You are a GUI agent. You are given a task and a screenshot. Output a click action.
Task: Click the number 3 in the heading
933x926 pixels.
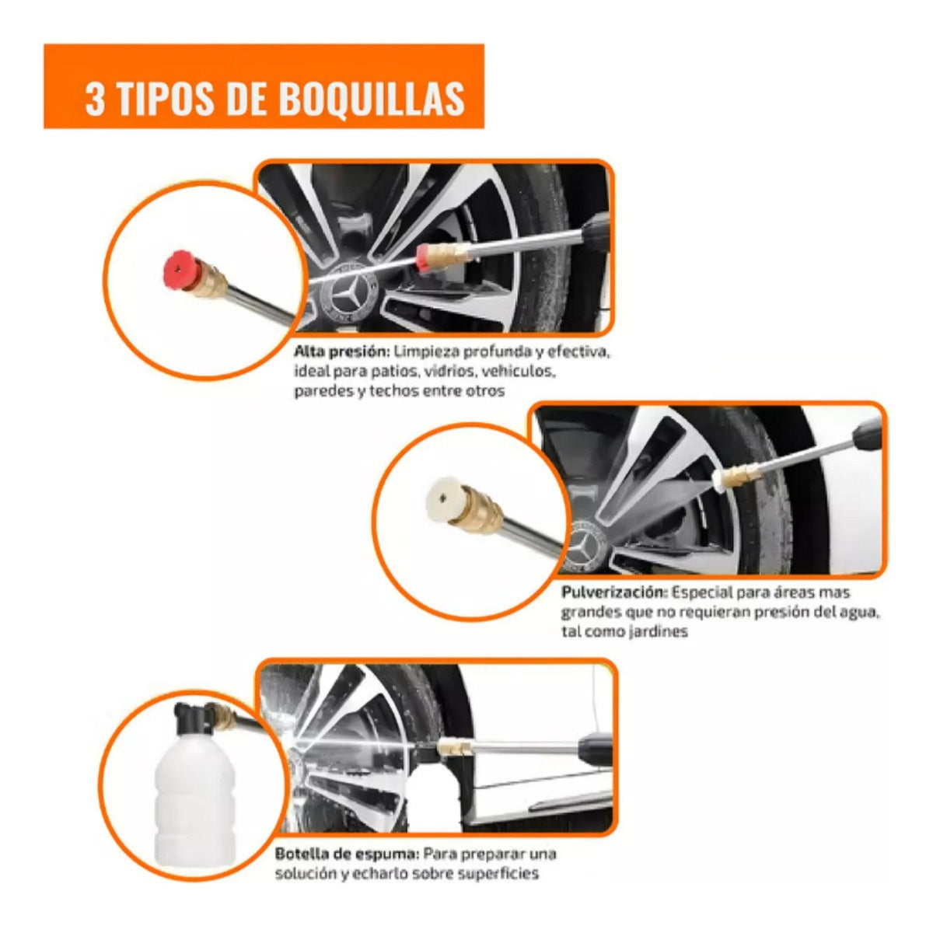coord(95,100)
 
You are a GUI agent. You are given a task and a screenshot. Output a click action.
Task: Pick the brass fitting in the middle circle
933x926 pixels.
coord(480,510)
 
